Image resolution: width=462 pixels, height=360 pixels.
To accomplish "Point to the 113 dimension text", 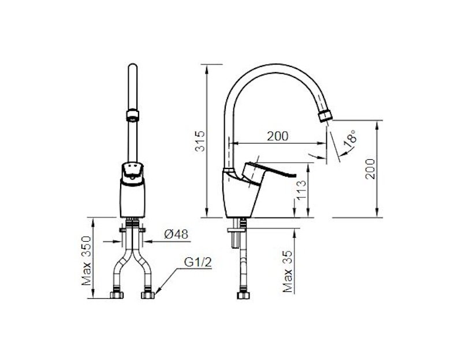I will pos(301,190).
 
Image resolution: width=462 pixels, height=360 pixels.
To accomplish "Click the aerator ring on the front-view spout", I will pos(131,113).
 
